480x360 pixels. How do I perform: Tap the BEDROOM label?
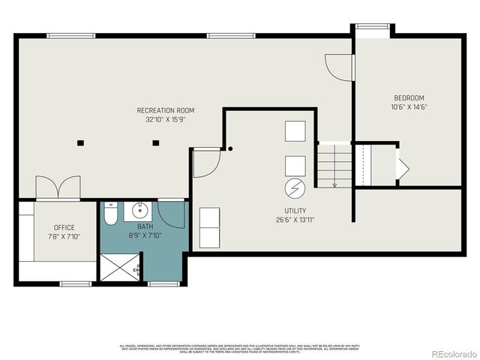point(409,98)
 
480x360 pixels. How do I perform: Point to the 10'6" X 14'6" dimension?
point(409,107)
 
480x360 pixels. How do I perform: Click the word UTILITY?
point(295,211)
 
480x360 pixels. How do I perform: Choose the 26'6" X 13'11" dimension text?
point(295,220)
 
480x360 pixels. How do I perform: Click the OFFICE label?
point(64,227)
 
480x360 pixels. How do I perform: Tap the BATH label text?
point(145,226)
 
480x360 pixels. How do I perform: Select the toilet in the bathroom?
point(109,214)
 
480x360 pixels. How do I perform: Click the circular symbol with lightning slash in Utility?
point(295,187)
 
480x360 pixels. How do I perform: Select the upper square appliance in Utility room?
point(295,131)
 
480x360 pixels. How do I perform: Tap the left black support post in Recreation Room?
point(80,142)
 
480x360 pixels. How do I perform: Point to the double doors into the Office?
point(58,187)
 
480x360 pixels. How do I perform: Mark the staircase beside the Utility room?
point(334,165)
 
